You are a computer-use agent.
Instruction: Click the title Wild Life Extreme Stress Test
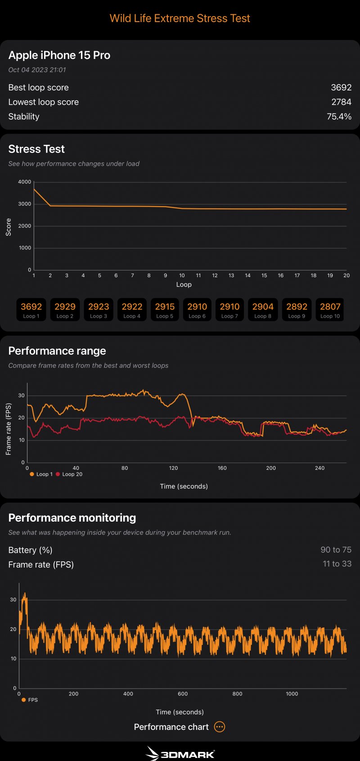pos(180,18)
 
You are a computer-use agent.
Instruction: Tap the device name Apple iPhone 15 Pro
pos(59,55)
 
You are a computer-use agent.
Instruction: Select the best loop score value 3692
pos(341,87)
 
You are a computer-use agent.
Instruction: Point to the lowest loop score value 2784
pos(341,102)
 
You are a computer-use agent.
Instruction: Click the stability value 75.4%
pos(339,117)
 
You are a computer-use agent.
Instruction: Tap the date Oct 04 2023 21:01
pos(37,70)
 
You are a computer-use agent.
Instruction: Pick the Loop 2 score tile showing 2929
pos(65,310)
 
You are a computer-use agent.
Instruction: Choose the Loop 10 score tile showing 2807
pos(330,310)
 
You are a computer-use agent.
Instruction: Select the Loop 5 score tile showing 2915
pos(165,310)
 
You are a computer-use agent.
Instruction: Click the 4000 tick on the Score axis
pos(25,182)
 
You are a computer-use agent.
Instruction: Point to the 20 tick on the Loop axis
pos(346,275)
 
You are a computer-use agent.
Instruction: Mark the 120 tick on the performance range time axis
pos(173,468)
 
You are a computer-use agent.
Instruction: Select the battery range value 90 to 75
pos(336,550)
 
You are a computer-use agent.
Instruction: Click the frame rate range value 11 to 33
pos(337,564)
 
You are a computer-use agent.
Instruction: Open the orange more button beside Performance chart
pos(219,727)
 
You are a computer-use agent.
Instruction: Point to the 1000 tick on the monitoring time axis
pos(292,694)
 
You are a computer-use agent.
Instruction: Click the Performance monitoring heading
pos(72,518)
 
